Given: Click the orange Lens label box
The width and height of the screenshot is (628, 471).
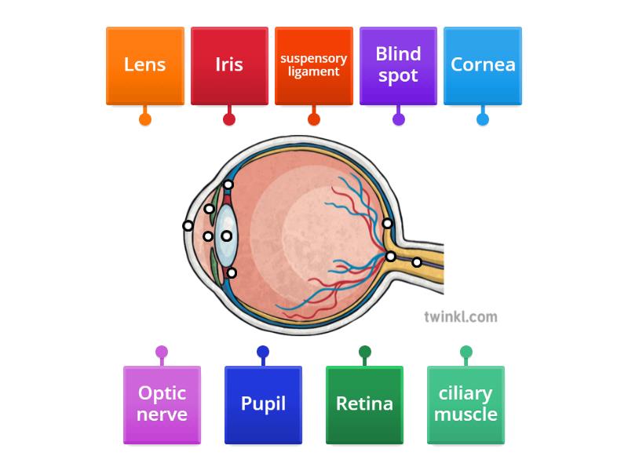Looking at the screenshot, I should (x=145, y=65).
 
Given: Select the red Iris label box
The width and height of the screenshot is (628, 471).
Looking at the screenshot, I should (x=229, y=65).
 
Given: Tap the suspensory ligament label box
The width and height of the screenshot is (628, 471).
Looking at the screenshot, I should (x=314, y=65).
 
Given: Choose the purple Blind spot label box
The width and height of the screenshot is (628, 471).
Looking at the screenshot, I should (x=398, y=65).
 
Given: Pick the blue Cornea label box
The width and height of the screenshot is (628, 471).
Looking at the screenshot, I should (x=483, y=65).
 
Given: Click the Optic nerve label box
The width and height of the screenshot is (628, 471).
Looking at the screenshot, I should (x=162, y=404).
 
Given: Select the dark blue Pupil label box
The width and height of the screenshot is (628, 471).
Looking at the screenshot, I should (x=263, y=404).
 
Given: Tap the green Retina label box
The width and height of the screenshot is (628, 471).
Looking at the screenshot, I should (x=364, y=404).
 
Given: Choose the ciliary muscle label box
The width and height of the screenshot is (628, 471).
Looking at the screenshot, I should (x=466, y=404).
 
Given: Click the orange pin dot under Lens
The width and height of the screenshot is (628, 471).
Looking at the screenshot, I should (x=145, y=119).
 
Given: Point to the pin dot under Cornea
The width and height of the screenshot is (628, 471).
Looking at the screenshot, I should (x=483, y=119).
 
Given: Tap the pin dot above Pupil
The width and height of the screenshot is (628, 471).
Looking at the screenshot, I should (x=263, y=352).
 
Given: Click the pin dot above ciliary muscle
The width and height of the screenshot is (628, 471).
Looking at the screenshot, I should (x=466, y=352).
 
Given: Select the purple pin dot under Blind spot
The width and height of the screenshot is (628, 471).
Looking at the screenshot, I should (x=398, y=119).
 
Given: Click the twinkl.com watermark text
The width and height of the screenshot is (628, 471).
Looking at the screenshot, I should (x=460, y=316).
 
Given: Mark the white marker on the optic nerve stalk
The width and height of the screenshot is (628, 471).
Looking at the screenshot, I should (x=417, y=262).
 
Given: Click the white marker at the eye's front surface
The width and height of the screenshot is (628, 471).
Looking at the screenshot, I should (x=188, y=226).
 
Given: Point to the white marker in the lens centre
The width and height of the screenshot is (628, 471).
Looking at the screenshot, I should (x=226, y=235).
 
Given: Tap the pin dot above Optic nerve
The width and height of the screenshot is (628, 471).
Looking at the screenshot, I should (x=162, y=352).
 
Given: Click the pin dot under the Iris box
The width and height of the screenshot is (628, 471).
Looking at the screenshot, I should (x=229, y=119).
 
